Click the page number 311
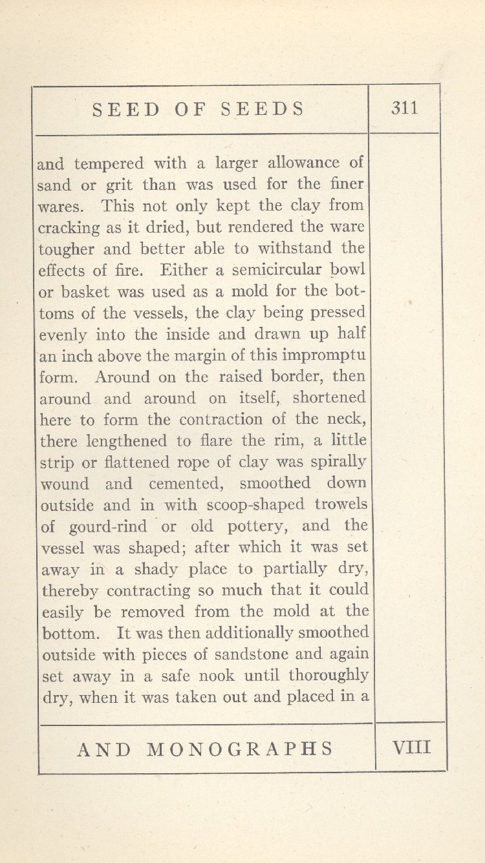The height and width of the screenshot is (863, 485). click(405, 108)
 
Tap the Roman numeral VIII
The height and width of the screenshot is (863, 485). click(411, 748)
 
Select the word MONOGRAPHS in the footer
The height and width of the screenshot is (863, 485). click(241, 749)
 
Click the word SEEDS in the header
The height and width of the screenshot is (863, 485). click(263, 109)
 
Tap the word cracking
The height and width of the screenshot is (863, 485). click(70, 228)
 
